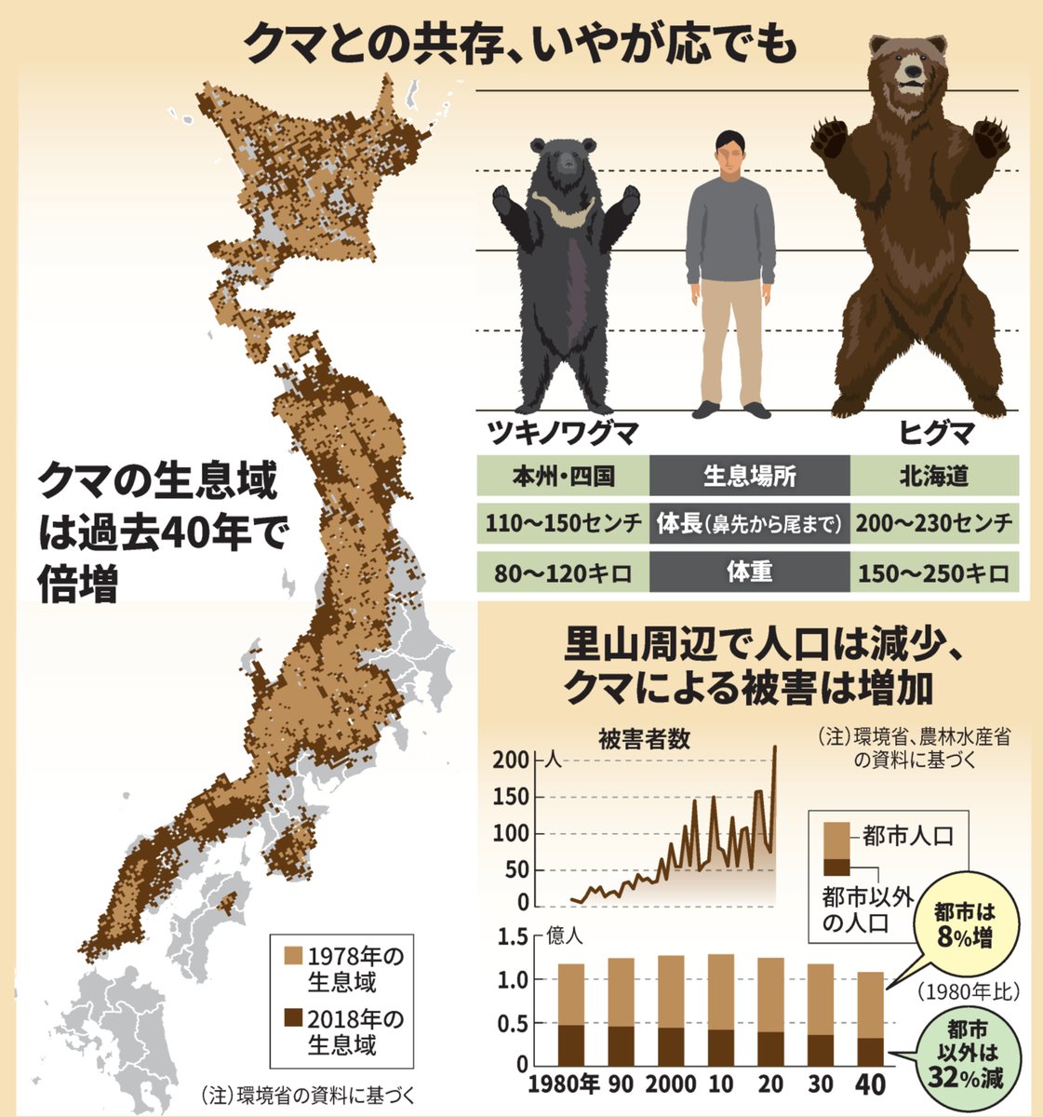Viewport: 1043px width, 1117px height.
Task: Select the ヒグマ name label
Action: coord(935,434)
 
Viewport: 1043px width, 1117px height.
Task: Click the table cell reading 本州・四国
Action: coord(562,476)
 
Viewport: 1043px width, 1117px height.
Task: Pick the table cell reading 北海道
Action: coord(934,476)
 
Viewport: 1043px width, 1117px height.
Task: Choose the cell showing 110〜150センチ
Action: coord(562,524)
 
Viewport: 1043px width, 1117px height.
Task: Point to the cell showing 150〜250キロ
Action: coord(934,572)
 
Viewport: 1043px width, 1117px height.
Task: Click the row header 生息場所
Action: coord(749,476)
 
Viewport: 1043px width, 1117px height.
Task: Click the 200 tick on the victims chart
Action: coord(516,760)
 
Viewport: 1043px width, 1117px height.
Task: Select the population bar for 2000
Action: coord(671,1010)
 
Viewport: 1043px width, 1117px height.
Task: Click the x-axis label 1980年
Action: coord(563,1085)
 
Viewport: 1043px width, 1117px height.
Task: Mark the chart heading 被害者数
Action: coord(644,739)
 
